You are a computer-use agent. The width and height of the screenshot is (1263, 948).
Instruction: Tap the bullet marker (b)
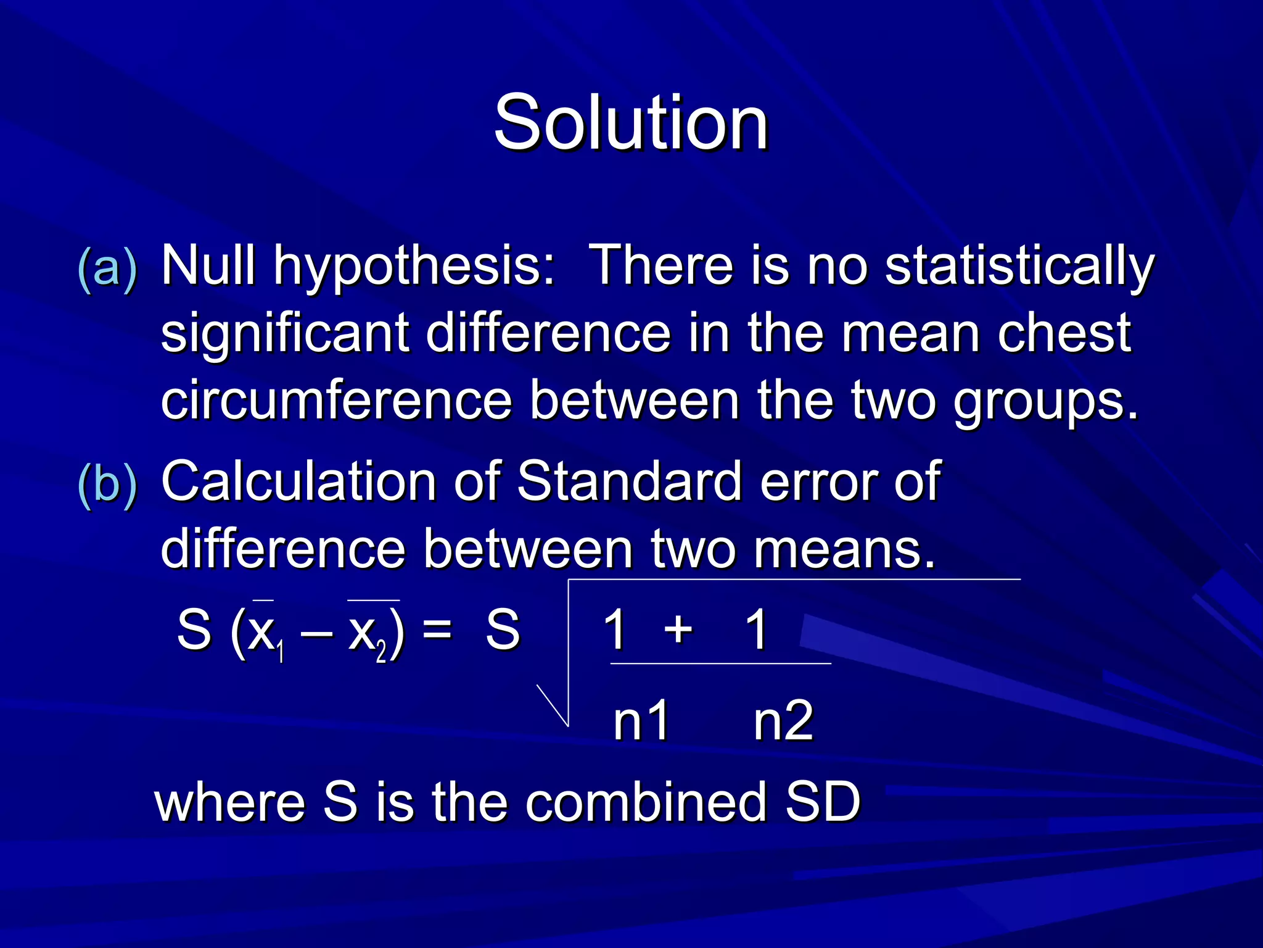107,484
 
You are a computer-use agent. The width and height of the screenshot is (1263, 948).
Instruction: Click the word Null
208,265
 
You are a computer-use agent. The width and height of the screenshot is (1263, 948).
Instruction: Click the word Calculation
298,481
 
